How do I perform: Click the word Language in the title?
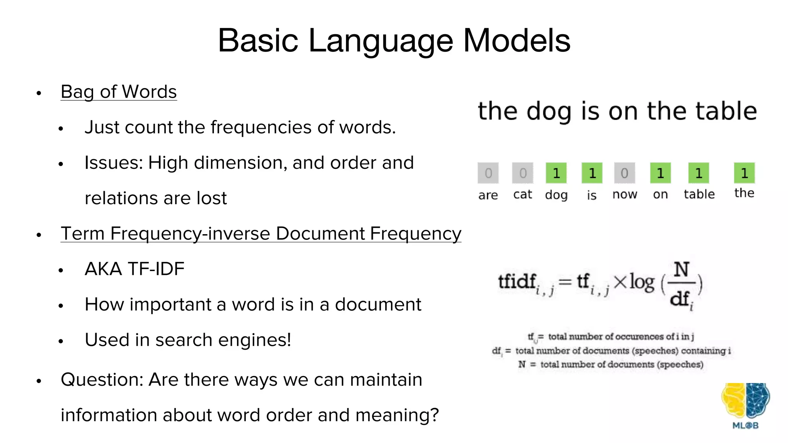click(x=381, y=41)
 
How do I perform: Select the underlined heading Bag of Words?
click(x=119, y=92)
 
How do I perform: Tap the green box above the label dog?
click(x=556, y=173)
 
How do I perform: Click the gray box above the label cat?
click(x=523, y=173)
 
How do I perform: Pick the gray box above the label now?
click(x=624, y=173)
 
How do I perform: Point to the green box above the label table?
click(x=699, y=173)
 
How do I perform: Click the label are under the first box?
click(x=488, y=195)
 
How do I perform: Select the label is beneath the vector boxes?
click(x=591, y=195)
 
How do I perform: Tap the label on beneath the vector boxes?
click(x=660, y=195)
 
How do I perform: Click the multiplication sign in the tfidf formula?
click(x=620, y=282)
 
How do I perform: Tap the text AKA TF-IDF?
click(x=134, y=269)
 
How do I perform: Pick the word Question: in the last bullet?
click(x=102, y=380)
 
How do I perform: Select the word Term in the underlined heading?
click(x=82, y=233)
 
